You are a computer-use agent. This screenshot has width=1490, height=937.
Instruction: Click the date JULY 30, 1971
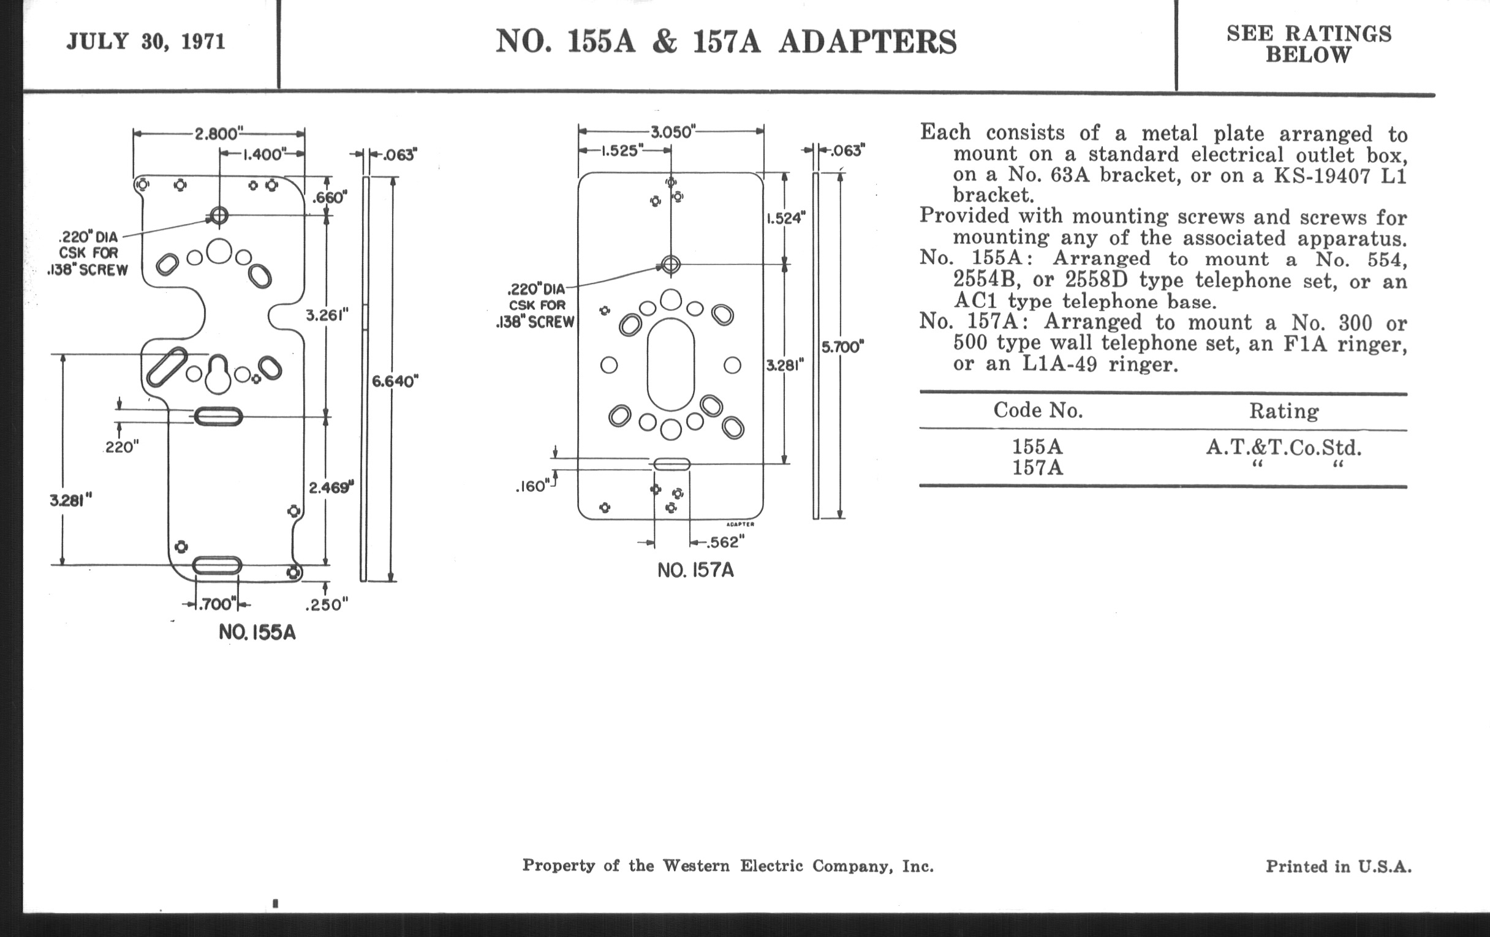pyautogui.click(x=146, y=42)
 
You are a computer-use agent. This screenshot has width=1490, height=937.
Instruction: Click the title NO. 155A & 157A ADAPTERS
pyautogui.click(x=726, y=42)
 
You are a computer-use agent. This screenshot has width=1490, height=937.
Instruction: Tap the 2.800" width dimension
pyautogui.click(x=216, y=134)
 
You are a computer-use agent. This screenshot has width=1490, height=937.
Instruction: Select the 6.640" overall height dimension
pyautogui.click(x=395, y=381)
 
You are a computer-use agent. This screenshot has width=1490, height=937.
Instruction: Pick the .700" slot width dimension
pyautogui.click(x=216, y=604)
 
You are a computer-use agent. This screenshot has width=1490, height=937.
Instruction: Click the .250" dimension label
pyautogui.click(x=327, y=604)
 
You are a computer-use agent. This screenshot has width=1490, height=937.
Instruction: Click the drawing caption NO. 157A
pyautogui.click(x=695, y=570)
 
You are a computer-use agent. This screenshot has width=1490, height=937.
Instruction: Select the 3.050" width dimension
pyautogui.click(x=673, y=132)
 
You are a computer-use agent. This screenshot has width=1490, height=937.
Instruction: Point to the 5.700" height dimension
pyautogui.click(x=842, y=347)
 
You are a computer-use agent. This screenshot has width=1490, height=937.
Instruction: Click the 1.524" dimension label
pyautogui.click(x=786, y=218)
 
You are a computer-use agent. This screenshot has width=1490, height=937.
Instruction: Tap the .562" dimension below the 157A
pyautogui.click(x=723, y=543)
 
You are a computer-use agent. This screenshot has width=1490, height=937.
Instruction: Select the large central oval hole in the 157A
pyautogui.click(x=671, y=364)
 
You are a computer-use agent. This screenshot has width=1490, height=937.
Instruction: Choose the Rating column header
pyautogui.click(x=1284, y=412)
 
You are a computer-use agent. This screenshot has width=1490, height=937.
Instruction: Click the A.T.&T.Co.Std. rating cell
pyautogui.click(x=1284, y=446)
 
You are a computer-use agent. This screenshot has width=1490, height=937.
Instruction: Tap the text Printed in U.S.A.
pyautogui.click(x=1339, y=867)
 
